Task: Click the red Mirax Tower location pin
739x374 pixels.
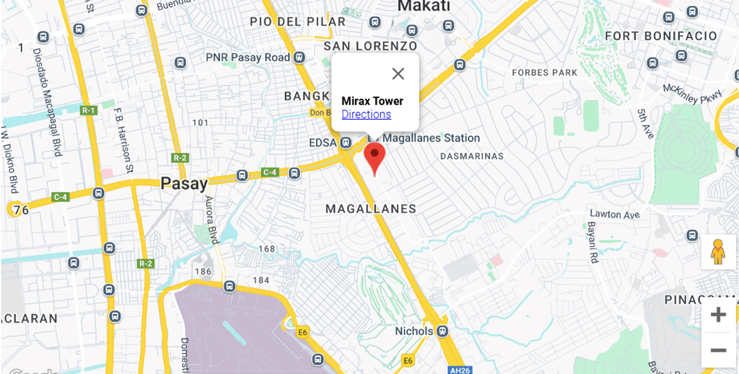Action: (374, 156)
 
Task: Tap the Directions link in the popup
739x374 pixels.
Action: (366, 115)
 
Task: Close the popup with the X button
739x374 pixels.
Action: (398, 74)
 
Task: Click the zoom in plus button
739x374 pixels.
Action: (718, 315)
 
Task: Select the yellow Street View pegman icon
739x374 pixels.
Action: (718, 252)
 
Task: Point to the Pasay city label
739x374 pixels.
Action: (184, 184)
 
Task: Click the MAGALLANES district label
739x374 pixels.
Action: (371, 209)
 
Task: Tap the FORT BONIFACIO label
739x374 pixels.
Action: (661, 36)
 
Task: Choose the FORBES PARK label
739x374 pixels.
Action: (544, 73)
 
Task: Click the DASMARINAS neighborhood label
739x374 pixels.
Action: (472, 157)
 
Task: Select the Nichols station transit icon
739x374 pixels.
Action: (443, 331)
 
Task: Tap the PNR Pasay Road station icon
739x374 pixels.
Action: (299, 57)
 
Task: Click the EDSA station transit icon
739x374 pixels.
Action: (346, 143)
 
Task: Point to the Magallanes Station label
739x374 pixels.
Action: (431, 138)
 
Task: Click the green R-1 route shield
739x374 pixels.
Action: (88, 111)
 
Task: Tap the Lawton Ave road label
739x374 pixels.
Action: (615, 214)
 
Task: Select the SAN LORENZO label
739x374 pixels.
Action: (370, 46)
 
